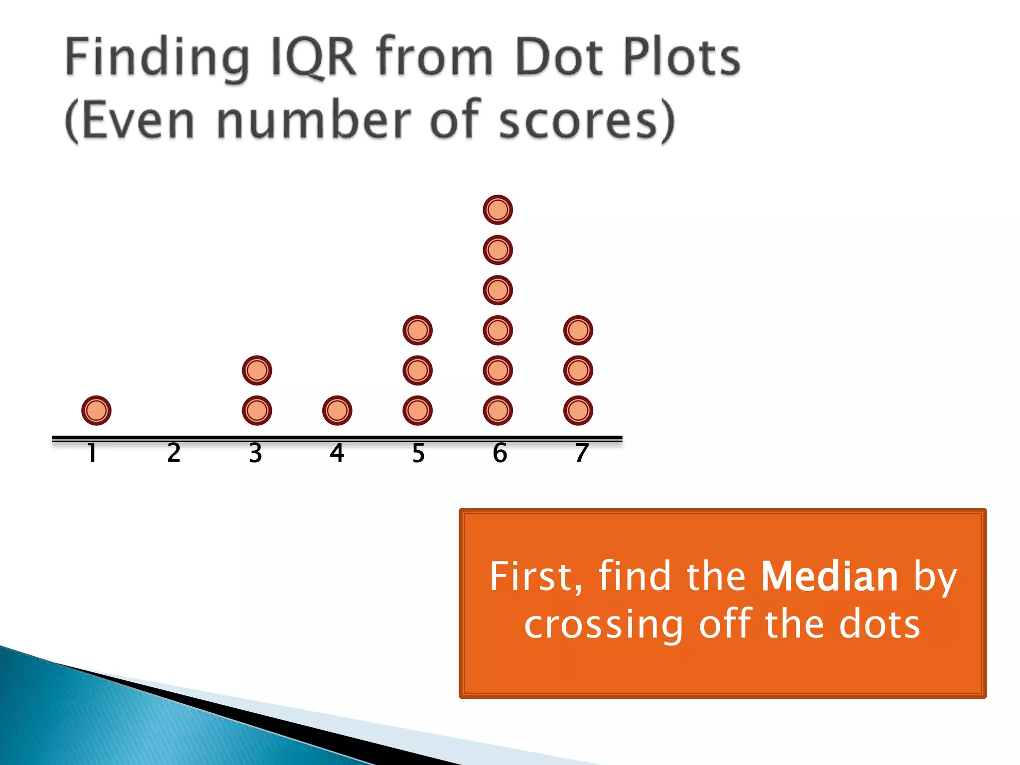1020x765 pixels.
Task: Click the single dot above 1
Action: [x=96, y=411]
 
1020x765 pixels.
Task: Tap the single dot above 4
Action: [x=337, y=411]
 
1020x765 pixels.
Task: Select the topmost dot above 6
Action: [x=498, y=210]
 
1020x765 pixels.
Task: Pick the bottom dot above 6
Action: [x=498, y=411]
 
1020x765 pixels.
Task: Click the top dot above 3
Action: [x=257, y=371]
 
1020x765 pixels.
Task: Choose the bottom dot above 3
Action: [x=257, y=411]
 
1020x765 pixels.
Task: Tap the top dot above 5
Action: [x=417, y=330]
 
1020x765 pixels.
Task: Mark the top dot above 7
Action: [x=578, y=330]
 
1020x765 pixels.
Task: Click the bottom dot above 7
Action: [x=578, y=411]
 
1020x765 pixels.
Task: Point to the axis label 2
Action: [x=174, y=453]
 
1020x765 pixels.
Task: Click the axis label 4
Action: [x=337, y=453]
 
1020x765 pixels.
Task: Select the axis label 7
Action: [x=582, y=453]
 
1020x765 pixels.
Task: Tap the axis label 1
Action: [x=92, y=453]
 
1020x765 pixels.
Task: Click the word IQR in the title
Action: [x=313, y=58]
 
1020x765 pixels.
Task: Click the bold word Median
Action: [x=829, y=577]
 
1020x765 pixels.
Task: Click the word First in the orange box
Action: [x=535, y=577]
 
